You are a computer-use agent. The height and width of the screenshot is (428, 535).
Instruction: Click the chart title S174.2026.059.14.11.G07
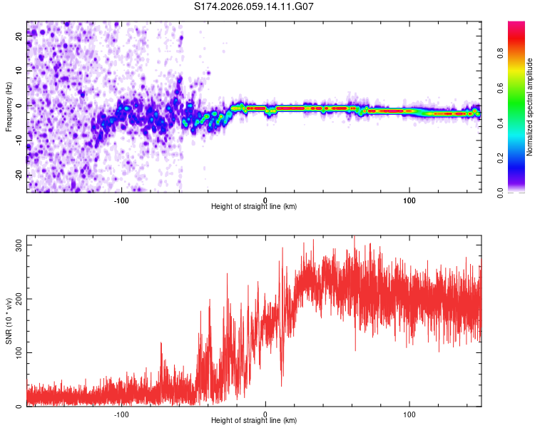pyautogui.click(x=255, y=6)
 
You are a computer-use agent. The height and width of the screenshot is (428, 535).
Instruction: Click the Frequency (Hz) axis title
pyautogui.click(x=9, y=108)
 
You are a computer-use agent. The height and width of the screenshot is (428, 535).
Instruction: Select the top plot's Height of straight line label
pyautogui.click(x=254, y=206)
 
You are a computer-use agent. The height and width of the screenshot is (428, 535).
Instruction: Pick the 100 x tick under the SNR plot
pyautogui.click(x=409, y=413)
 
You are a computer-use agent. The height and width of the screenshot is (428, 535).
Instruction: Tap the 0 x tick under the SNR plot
pyautogui.click(x=265, y=413)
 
